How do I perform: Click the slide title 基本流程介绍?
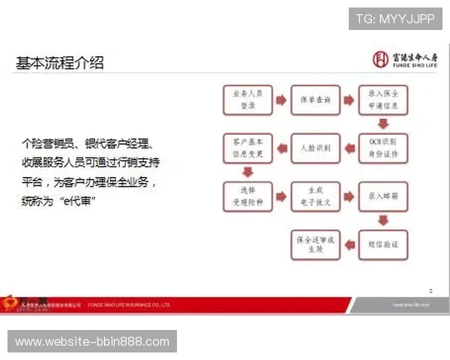coord(60,63)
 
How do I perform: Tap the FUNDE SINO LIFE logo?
coord(403,59)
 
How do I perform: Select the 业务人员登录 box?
coord(246,100)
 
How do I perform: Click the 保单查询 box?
coord(316,100)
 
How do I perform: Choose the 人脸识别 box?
coord(316,148)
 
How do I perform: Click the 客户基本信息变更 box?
coord(246,148)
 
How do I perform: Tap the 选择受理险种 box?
coord(246,196)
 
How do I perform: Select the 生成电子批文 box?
coord(316,196)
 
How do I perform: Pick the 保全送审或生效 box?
coord(316,244)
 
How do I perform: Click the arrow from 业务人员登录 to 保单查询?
coord(281,100)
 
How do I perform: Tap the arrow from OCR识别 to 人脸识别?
coord(349,148)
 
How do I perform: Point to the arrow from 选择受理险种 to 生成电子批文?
coord(281,196)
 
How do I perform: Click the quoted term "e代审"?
coord(78,202)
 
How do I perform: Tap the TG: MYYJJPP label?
coord(395,19)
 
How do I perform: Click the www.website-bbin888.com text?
coord(92,342)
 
